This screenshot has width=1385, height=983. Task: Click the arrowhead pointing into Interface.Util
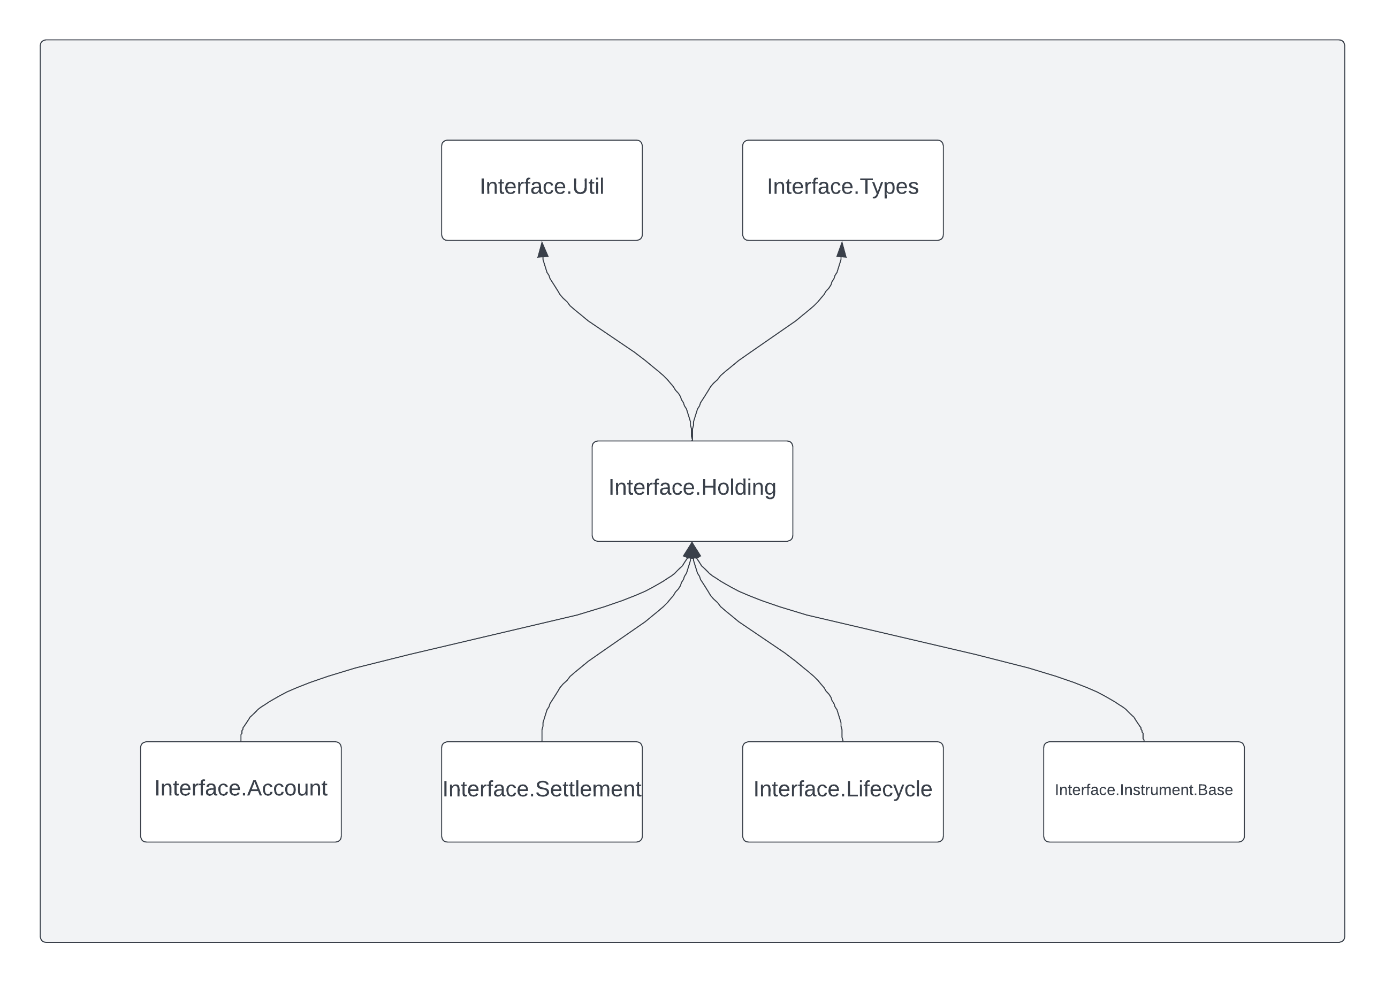(x=543, y=249)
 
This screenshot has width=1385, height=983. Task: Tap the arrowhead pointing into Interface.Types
(x=842, y=249)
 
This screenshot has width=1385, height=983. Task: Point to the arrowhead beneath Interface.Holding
(x=691, y=550)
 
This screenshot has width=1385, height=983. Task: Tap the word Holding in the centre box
(x=738, y=487)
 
